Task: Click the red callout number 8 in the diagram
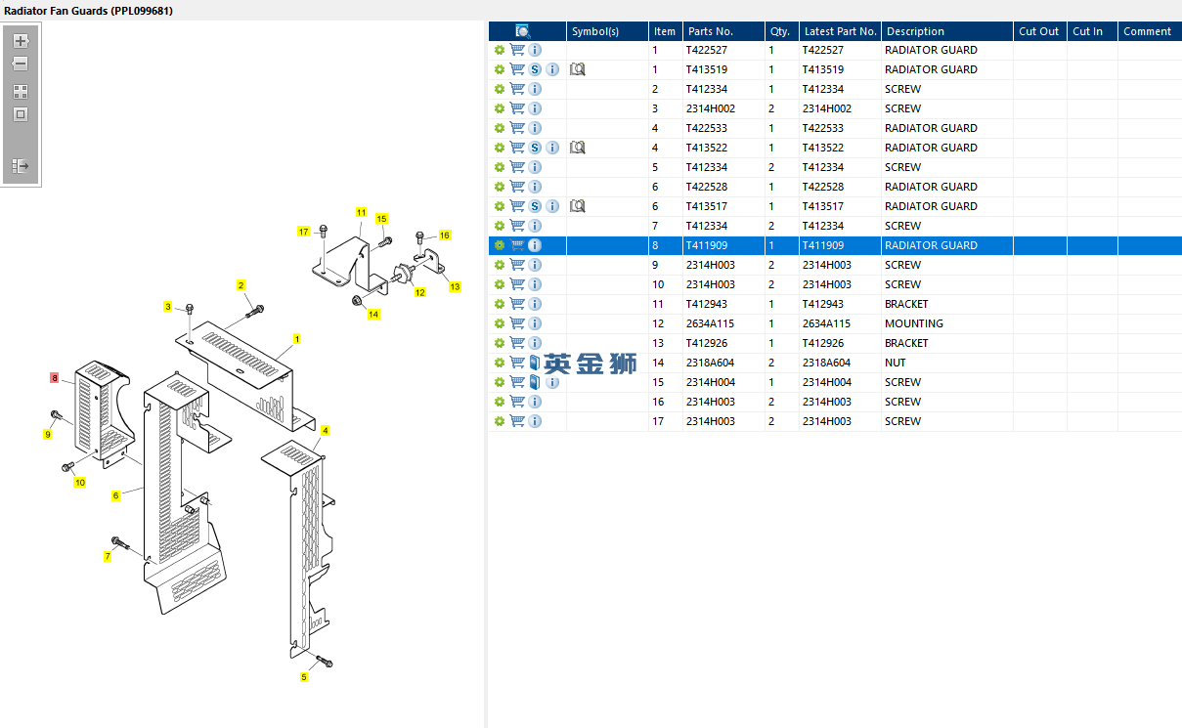pyautogui.click(x=55, y=377)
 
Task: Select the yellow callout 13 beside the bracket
pyautogui.click(x=455, y=286)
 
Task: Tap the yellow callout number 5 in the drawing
pyautogui.click(x=303, y=677)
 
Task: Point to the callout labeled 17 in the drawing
pyautogui.click(x=304, y=232)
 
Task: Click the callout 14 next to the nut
pyautogui.click(x=373, y=314)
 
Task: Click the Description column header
pyautogui.click(x=915, y=31)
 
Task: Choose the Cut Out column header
pyautogui.click(x=1038, y=31)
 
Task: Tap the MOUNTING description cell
pyautogui.click(x=913, y=323)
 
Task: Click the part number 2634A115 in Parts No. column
pyautogui.click(x=710, y=323)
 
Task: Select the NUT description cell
pyautogui.click(x=896, y=363)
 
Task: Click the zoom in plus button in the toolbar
pyautogui.click(x=21, y=41)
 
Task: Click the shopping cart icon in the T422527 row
pyautogui.click(x=517, y=50)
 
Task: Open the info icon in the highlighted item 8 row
pyautogui.click(x=535, y=245)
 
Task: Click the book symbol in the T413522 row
pyautogui.click(x=577, y=148)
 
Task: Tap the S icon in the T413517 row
pyautogui.click(x=535, y=206)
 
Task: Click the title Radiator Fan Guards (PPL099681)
pyautogui.click(x=89, y=10)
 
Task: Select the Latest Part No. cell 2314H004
pyautogui.click(x=826, y=382)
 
